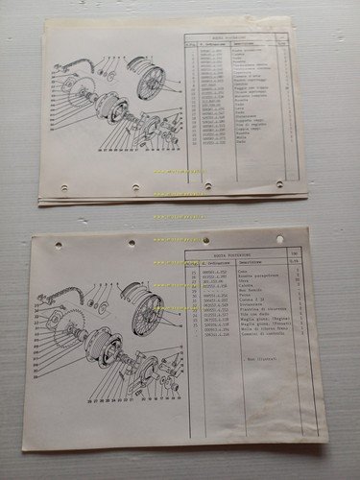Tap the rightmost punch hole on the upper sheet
pyautogui.click(x=279, y=183)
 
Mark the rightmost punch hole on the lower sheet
pyautogui.click(x=279, y=239)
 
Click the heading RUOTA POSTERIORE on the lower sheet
pyautogui.click(x=230, y=255)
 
